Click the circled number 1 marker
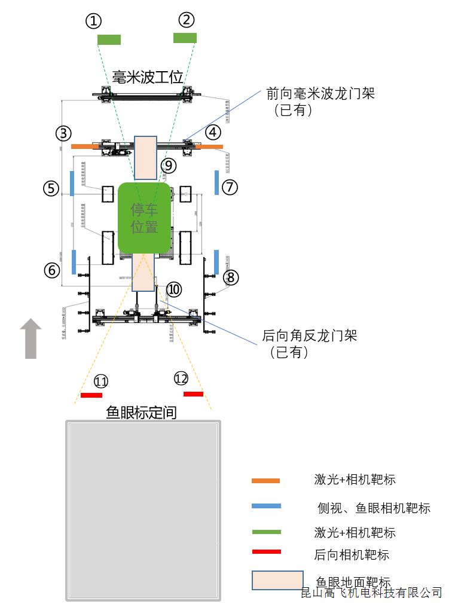(93, 21)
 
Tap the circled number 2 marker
(187, 20)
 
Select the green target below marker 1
(109, 40)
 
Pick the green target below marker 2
(185, 38)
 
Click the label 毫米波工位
(148, 77)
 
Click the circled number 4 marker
(213, 132)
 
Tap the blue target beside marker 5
(72, 183)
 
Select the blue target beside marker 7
(216, 182)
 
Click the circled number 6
(52, 270)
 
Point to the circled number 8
(231, 277)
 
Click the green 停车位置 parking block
(145, 217)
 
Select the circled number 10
(173, 289)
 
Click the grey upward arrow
(30, 338)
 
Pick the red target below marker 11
(91, 395)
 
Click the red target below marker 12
(193, 394)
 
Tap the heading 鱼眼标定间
(141, 412)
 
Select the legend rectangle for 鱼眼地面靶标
(277, 580)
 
